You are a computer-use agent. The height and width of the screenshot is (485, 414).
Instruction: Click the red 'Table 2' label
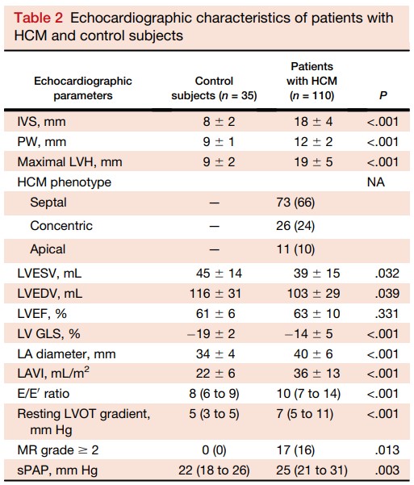[x=39, y=18]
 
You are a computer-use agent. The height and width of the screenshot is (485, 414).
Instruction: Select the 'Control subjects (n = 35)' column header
[x=214, y=88]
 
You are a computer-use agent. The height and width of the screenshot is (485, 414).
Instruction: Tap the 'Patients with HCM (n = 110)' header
[x=312, y=81]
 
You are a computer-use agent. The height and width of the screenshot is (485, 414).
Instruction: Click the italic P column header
[x=383, y=95]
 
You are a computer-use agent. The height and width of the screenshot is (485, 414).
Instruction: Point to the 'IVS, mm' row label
[x=41, y=122]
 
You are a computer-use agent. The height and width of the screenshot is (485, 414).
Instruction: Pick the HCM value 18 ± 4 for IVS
[x=313, y=122]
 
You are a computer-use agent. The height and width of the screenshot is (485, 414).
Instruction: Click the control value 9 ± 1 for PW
[x=219, y=142]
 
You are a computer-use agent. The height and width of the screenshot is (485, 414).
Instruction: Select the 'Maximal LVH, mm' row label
[x=69, y=161]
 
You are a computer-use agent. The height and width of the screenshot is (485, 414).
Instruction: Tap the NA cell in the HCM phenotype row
[x=375, y=182]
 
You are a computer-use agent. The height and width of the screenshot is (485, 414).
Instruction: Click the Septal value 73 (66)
[x=295, y=203]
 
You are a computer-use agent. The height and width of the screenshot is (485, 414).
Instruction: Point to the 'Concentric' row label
[x=61, y=225]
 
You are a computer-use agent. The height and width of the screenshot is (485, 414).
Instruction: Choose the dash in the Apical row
[x=214, y=249]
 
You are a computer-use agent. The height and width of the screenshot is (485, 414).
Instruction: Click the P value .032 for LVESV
[x=387, y=273]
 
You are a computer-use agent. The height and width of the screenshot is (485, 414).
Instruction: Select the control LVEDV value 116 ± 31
[x=215, y=293]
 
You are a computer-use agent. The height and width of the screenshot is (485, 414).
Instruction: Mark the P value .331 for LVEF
[x=387, y=314]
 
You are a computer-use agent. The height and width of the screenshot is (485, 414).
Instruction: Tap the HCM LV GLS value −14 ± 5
[x=308, y=334]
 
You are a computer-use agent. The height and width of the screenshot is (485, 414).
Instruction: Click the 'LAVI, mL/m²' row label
[x=53, y=373]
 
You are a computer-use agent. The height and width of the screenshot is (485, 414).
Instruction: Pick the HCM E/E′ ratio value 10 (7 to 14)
[x=308, y=394]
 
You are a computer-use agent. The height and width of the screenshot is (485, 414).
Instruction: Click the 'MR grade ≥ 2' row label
[x=58, y=450]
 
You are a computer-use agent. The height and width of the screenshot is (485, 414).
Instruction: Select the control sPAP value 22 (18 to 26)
[x=214, y=470]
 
